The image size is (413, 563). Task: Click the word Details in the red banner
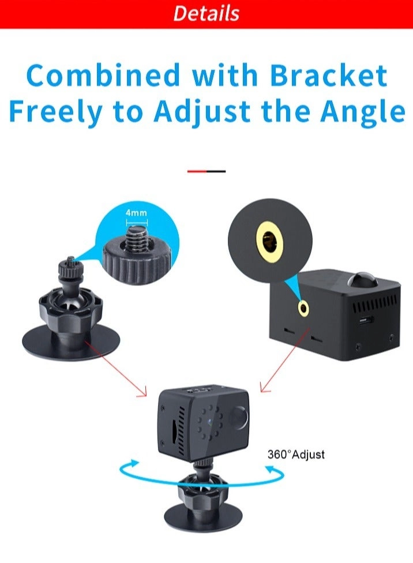tap(206, 13)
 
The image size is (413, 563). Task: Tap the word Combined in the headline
tap(103, 75)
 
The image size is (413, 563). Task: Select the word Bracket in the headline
tap(329, 75)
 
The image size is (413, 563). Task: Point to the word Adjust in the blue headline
tap(202, 112)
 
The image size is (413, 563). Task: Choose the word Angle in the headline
tap(363, 112)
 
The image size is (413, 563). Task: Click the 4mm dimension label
tap(137, 212)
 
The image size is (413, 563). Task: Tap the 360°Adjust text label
tap(296, 454)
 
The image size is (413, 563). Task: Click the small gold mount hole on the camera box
tap(303, 308)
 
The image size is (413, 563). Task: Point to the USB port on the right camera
tap(366, 320)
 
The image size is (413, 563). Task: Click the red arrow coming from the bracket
tap(115, 369)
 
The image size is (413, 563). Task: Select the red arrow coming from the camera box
tap(285, 359)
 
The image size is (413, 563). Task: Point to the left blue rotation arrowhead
tap(134, 463)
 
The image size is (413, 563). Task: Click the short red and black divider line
tap(206, 171)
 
